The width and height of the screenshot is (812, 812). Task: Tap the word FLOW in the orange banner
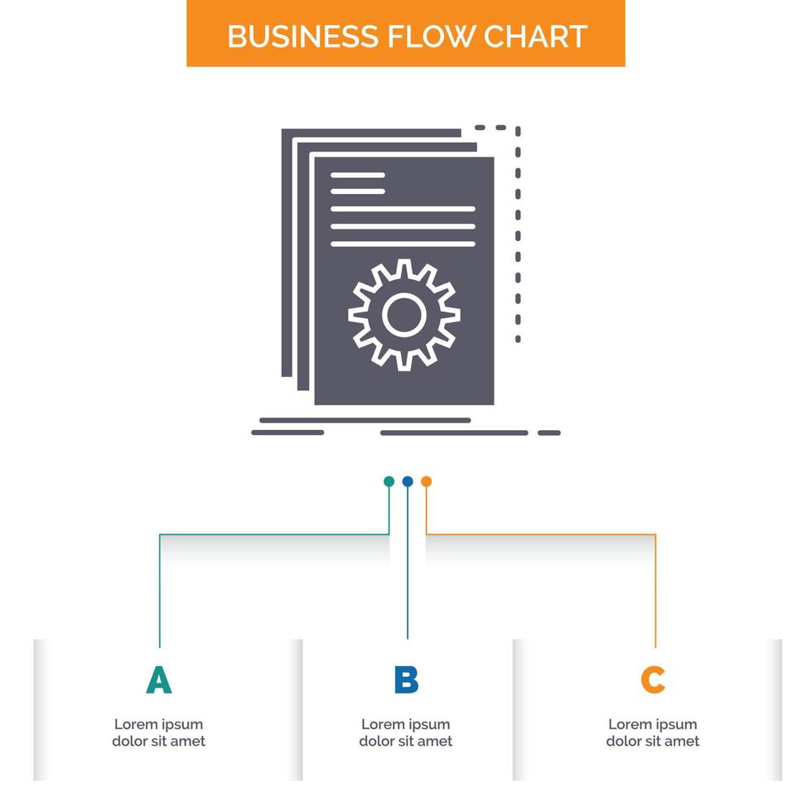pyautogui.click(x=431, y=36)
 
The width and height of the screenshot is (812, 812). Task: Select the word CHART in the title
pyautogui.click(x=535, y=36)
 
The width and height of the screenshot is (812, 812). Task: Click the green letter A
pyautogui.click(x=158, y=680)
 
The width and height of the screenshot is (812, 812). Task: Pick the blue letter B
pyautogui.click(x=406, y=680)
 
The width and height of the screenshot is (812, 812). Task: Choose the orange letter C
pyautogui.click(x=653, y=680)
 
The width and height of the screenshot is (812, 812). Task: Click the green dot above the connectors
pyautogui.click(x=389, y=481)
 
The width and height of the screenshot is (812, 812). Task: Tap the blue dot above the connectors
pyautogui.click(x=408, y=481)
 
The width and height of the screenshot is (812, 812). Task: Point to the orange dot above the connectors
pyautogui.click(x=426, y=481)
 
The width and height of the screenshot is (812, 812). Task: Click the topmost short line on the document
pyautogui.click(x=358, y=175)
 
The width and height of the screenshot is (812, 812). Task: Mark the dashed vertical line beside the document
pyautogui.click(x=518, y=234)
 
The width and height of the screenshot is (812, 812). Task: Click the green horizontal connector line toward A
pyautogui.click(x=274, y=534)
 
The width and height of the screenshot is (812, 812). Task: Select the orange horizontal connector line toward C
pyautogui.click(x=540, y=534)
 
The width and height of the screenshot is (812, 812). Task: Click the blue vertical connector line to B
pyautogui.click(x=408, y=563)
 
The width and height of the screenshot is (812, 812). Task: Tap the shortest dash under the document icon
pyautogui.click(x=549, y=433)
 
